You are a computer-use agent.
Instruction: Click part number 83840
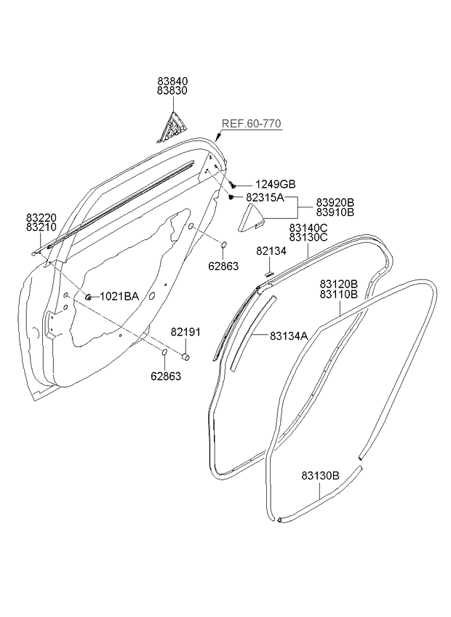tap(172, 82)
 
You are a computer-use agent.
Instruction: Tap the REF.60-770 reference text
tap(251, 124)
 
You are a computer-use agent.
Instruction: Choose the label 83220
tap(41, 217)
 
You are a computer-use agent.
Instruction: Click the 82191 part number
tap(185, 332)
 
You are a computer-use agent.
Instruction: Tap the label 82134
tap(271, 251)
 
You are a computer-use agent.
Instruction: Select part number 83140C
tap(308, 227)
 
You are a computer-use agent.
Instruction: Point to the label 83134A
tap(289, 335)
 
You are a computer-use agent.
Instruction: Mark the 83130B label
tap(321, 476)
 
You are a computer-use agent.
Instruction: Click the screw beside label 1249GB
tap(232, 184)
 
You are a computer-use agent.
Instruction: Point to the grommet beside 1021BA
tap(87, 296)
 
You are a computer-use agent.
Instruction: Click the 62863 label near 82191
tap(166, 376)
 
